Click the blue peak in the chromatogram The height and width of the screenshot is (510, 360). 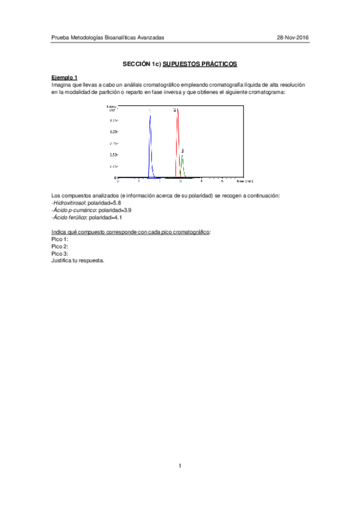coord(150,144)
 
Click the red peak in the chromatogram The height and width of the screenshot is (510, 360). coord(178,144)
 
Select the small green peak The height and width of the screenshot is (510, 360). coord(182,165)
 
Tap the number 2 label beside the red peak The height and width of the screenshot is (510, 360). coord(174,110)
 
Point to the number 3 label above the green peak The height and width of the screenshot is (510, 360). coord(182,150)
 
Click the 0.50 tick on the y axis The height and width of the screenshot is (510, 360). coord(113,155)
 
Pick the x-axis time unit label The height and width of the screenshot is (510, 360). coord(245,180)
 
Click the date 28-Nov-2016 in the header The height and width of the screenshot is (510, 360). coord(293,37)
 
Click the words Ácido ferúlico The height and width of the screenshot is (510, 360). coord(69,218)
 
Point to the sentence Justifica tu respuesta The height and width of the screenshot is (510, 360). coord(78,261)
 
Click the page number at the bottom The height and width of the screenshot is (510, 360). coord(180,466)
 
